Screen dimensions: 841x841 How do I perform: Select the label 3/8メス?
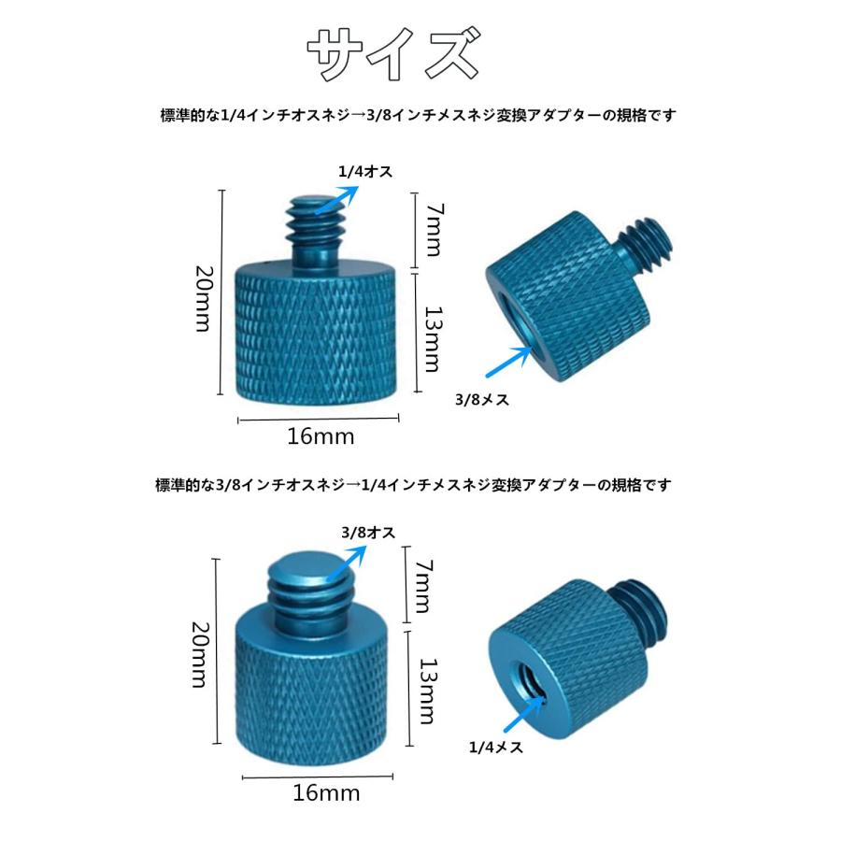coord(479,399)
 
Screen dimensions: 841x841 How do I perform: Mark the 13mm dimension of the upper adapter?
coord(431,338)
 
